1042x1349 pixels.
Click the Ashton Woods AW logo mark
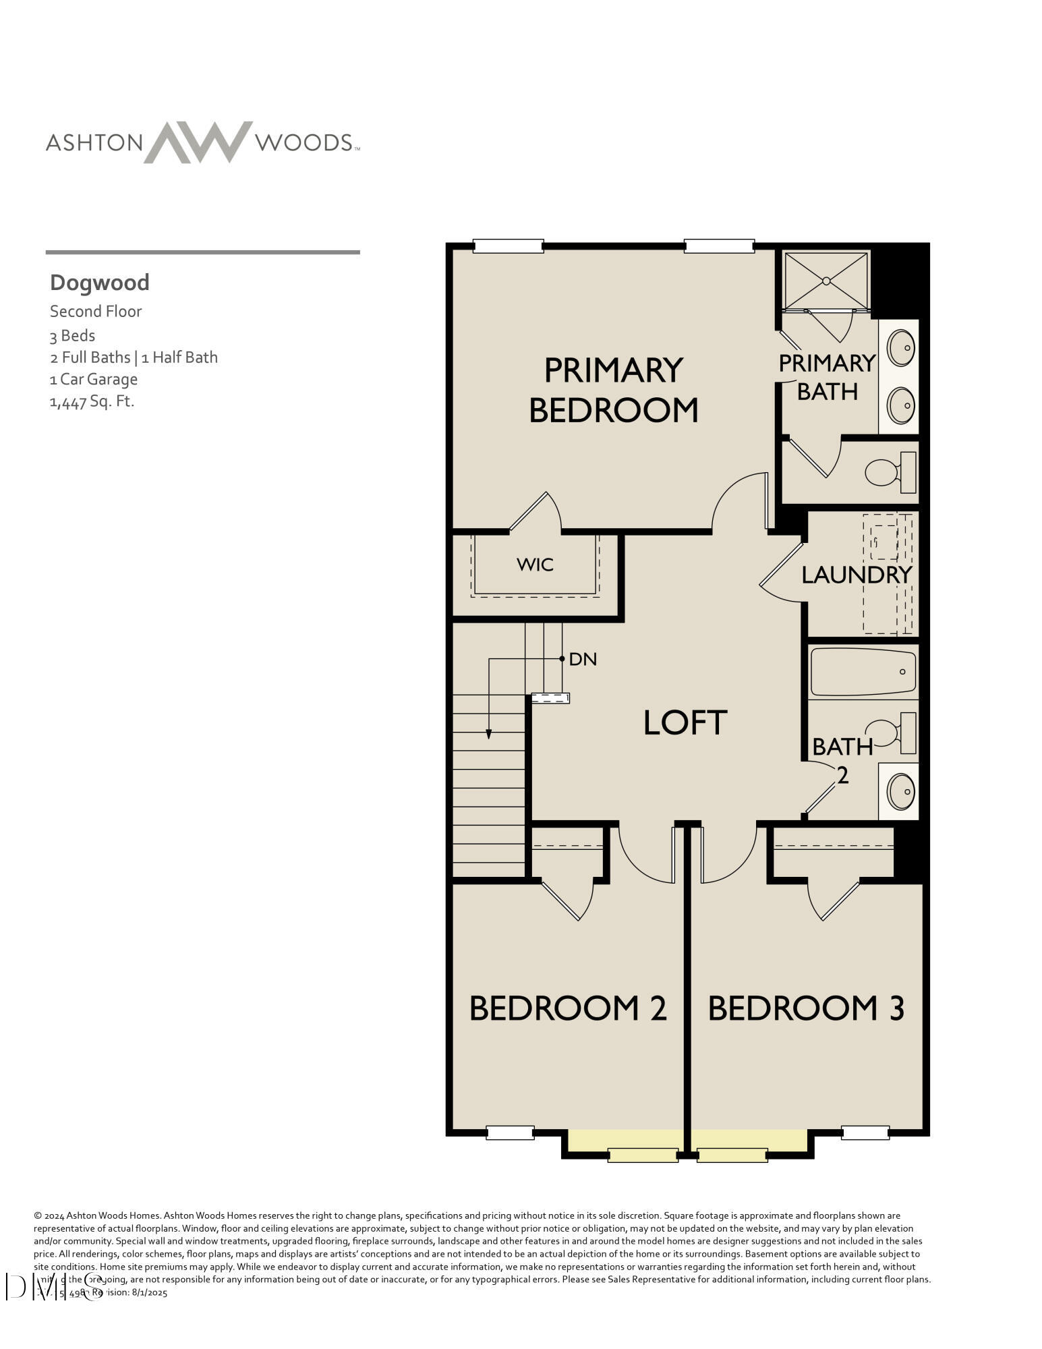point(198,142)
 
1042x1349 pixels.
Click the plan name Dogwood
point(100,282)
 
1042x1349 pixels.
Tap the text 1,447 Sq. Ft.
point(92,402)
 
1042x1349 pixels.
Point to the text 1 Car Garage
point(93,379)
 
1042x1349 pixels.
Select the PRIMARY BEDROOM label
point(613,390)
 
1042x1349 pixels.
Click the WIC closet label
point(535,565)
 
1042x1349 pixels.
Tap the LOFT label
point(685,722)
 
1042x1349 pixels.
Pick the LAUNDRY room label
point(856,575)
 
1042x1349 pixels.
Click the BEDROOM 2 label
point(568,1008)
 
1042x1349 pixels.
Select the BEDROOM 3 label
point(806,1008)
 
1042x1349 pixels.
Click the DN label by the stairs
point(583,660)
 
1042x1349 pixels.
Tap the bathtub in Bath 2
point(863,671)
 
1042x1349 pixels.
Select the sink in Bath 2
point(900,791)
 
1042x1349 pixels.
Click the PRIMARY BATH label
point(827,377)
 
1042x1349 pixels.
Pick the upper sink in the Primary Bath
point(900,349)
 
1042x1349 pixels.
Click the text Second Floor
point(96,312)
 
